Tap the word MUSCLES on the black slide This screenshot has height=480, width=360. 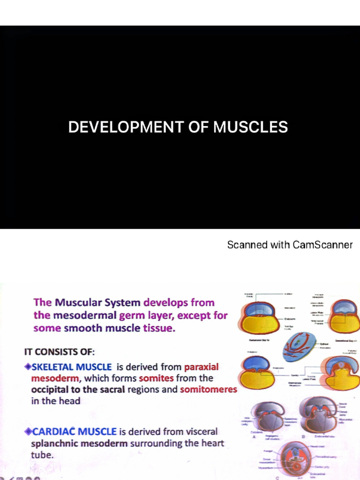point(250,127)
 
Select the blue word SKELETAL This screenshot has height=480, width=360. point(56,367)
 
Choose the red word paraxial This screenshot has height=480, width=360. point(202,367)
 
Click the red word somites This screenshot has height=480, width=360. point(156,378)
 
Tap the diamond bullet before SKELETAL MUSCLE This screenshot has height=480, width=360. point(28,367)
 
